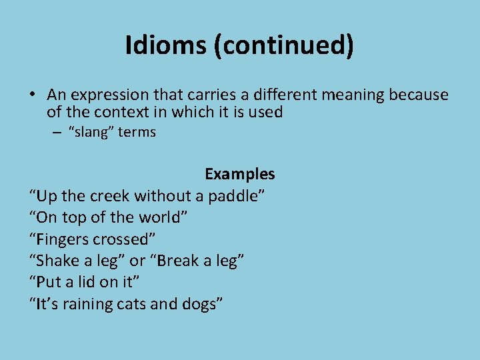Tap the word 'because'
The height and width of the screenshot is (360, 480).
tap(417, 95)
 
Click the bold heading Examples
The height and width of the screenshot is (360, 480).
tap(239, 174)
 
